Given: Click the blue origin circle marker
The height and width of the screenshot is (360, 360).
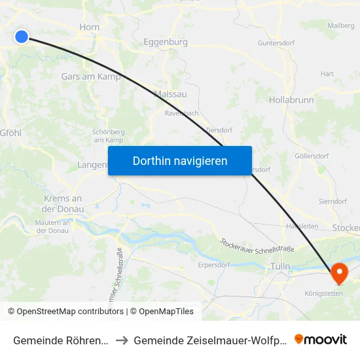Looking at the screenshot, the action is click(22, 37).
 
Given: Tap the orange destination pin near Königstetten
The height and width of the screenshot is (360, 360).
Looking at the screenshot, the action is click(340, 272).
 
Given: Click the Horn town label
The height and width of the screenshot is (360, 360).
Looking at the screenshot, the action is click(88, 27).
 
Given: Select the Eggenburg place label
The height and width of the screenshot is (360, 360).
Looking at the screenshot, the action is click(165, 42).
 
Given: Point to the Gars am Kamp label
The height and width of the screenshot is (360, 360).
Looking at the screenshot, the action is click(90, 77).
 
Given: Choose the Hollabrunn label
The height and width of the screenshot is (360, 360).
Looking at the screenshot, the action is click(291, 100).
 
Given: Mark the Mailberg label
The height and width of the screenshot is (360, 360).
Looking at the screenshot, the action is click(340, 26).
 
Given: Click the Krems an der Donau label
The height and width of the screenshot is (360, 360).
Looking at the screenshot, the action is click(63, 204).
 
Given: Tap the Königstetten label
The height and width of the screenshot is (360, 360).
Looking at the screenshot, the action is click(323, 293).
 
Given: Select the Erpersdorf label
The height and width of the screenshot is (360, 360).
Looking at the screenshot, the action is click(214, 266).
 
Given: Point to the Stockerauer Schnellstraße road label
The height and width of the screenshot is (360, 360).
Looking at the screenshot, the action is click(258, 245).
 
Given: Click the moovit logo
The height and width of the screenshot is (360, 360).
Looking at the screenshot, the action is click(321, 339).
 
